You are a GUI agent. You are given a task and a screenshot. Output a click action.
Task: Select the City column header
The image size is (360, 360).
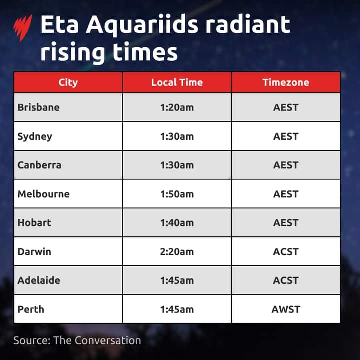coord(68,82)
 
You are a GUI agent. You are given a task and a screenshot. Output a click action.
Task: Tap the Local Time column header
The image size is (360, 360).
coord(177,82)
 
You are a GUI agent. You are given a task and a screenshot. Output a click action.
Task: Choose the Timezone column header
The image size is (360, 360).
coord(286,82)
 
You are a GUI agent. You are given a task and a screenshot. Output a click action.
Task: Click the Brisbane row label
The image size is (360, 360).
coord(38,107)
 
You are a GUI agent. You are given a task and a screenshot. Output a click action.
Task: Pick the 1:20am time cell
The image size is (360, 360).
coord(177,107)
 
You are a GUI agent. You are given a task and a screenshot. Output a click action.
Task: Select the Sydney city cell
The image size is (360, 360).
coord(35,136)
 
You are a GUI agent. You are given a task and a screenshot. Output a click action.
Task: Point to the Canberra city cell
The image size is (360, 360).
coord(39,165)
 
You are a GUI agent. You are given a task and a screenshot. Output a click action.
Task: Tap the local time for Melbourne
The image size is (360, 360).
coord(177,194)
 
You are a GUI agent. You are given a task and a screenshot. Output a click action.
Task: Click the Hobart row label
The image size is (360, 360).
coord(34,223)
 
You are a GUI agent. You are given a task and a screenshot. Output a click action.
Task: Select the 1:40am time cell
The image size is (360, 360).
coord(177,223)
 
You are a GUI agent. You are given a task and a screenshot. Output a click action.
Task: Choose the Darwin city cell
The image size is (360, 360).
coord(34,251)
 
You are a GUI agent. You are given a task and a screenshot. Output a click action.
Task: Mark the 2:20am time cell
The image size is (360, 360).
coord(177,251)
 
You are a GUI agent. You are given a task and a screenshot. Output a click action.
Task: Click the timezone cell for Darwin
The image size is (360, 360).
coord(286,251)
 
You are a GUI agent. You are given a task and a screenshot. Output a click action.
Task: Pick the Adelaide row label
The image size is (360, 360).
coord(39,280)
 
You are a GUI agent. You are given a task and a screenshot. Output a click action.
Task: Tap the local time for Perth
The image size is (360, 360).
coord(177,309)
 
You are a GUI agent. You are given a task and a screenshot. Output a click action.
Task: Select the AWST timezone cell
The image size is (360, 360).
coord(286,309)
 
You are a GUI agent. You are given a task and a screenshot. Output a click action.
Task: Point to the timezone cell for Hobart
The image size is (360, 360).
coord(286,223)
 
